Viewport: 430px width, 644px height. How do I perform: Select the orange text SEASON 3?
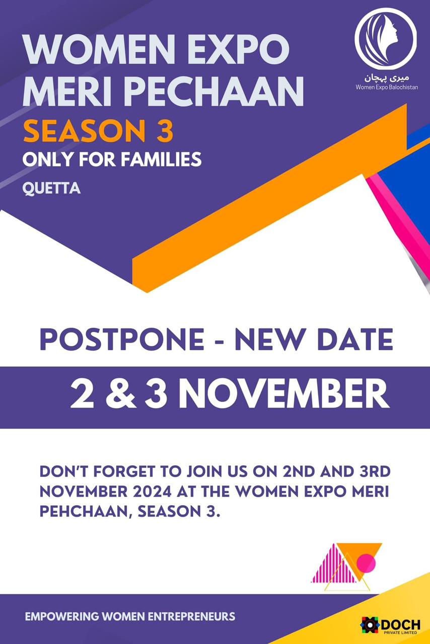point(98,131)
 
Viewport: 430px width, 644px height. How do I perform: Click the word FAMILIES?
point(161,159)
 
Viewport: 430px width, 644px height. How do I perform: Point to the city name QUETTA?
point(51,189)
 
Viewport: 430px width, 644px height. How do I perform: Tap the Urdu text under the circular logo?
point(387,78)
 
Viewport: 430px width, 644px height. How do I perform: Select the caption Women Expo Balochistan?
point(387,87)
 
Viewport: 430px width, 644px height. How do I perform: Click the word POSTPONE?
point(122,339)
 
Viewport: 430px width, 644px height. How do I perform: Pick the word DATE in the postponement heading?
point(355,339)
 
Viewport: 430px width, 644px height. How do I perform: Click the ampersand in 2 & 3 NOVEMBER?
point(121,393)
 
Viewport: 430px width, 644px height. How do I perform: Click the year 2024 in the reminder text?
point(152,492)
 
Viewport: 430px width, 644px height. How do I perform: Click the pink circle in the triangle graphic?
point(366,563)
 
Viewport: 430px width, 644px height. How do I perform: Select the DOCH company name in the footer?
point(401,624)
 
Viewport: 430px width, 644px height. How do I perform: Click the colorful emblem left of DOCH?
point(371,625)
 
